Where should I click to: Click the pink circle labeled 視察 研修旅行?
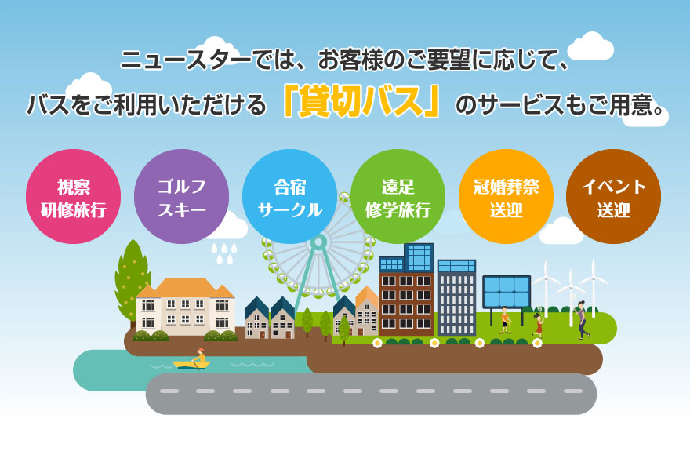[x=73, y=196]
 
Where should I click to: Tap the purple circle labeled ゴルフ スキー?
[x=181, y=196]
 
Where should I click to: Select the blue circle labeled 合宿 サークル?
[x=289, y=196]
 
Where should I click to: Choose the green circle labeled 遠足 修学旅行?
[x=398, y=196]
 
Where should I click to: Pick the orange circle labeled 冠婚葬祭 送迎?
[x=506, y=196]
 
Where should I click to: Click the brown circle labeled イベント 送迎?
[x=613, y=196]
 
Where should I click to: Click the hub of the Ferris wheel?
[x=318, y=242]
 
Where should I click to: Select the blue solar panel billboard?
[x=507, y=292]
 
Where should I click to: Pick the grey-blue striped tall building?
[x=457, y=298]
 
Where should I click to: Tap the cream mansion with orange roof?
[x=185, y=307]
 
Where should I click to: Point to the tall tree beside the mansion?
[x=132, y=280]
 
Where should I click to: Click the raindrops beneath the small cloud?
[x=223, y=253]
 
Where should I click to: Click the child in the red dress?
[x=538, y=326]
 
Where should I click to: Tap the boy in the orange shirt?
[x=505, y=320]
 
